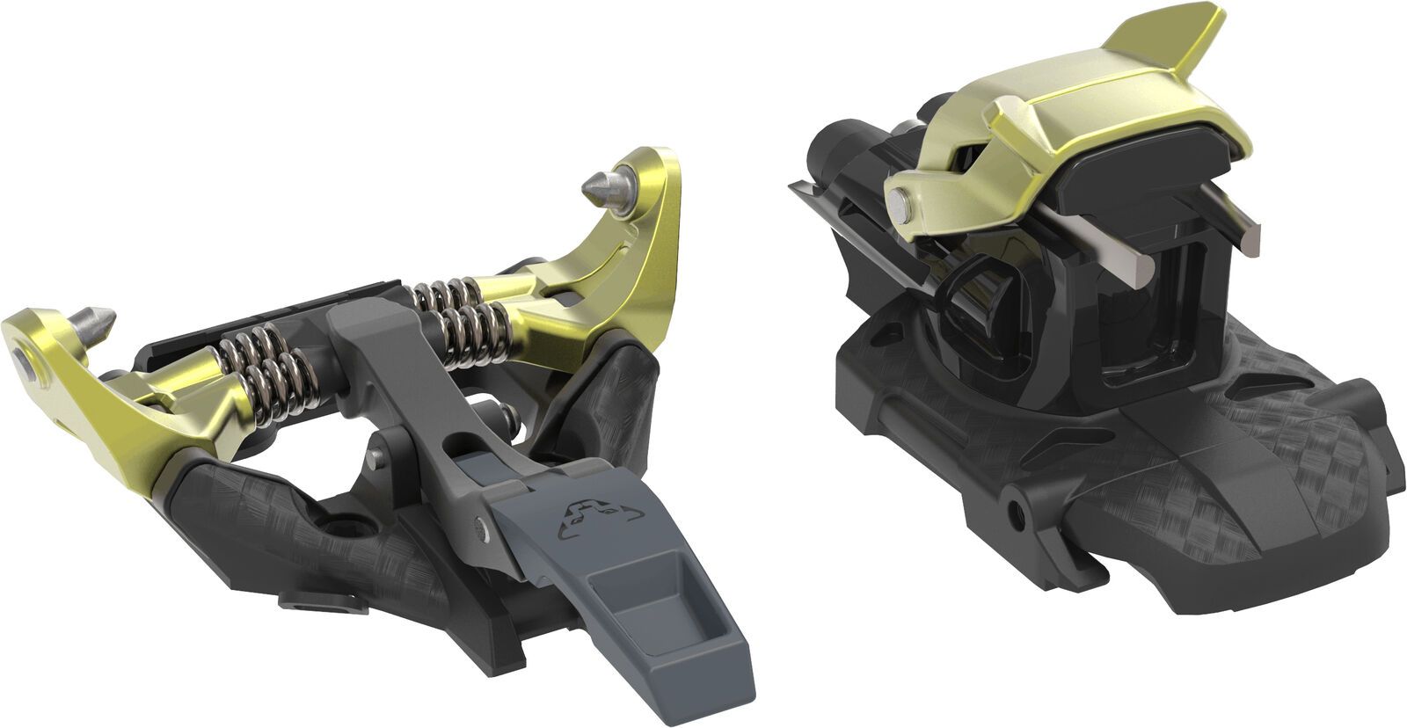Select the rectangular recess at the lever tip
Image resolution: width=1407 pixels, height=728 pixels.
pos(625,598)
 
